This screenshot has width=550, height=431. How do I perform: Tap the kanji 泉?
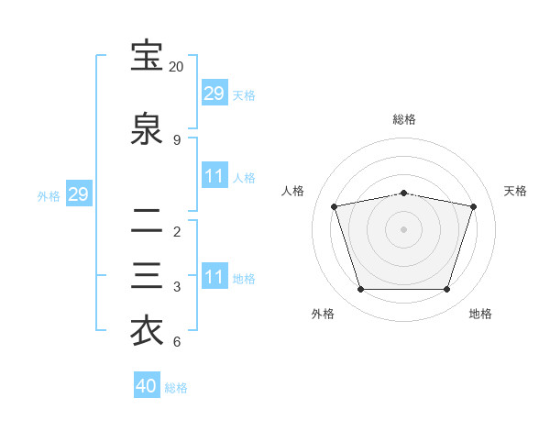(x=147, y=128)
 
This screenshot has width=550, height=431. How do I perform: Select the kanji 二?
(x=147, y=220)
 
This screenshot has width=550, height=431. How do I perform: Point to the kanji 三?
(x=147, y=275)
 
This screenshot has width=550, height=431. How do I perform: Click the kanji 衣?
(x=147, y=331)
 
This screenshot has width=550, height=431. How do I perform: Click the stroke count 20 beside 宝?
(x=176, y=67)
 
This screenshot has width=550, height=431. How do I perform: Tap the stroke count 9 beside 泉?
(x=177, y=140)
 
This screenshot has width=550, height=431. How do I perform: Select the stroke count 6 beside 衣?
(x=177, y=341)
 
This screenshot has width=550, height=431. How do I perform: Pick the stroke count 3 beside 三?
(x=177, y=287)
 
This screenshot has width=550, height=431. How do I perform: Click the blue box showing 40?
(x=147, y=384)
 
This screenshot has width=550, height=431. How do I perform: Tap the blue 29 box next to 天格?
(x=214, y=92)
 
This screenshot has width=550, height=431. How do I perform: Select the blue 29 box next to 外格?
(x=79, y=193)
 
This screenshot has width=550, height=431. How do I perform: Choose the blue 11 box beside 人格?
(x=214, y=175)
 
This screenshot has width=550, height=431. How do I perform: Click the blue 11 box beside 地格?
(x=214, y=275)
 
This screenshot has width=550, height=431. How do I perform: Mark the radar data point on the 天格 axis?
(x=473, y=206)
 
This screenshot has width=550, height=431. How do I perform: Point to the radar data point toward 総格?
(x=403, y=193)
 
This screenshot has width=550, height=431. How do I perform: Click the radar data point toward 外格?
(x=360, y=290)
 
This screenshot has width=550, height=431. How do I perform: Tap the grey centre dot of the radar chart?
(x=403, y=229)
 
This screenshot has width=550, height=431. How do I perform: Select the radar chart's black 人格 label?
(x=292, y=191)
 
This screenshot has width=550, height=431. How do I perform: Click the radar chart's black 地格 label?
(x=480, y=314)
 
